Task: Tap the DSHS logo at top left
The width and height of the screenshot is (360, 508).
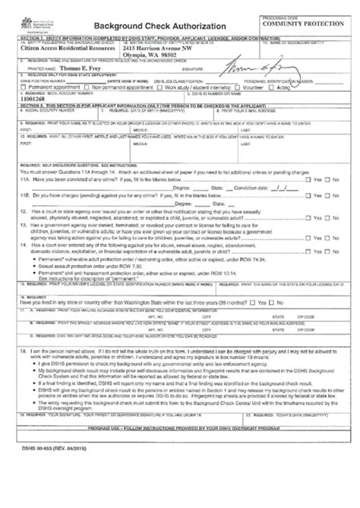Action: coord(24,23)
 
